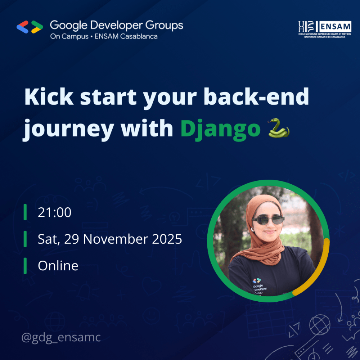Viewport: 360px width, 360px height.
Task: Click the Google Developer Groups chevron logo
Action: coord(30,27)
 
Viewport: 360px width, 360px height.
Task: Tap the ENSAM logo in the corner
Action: coord(325,30)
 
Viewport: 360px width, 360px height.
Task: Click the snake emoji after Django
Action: coord(279,128)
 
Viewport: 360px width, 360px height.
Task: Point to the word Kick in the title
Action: coord(49,96)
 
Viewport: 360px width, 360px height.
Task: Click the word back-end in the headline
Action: coord(256,96)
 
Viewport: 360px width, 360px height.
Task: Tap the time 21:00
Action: coord(54,212)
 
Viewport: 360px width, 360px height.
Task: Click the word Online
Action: coord(58,266)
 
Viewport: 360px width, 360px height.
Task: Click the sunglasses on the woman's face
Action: coord(268,220)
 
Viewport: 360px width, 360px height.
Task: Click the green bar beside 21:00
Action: coord(25,212)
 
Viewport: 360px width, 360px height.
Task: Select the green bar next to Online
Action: coord(25,266)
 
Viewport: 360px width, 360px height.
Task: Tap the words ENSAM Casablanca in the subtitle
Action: coord(126,36)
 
